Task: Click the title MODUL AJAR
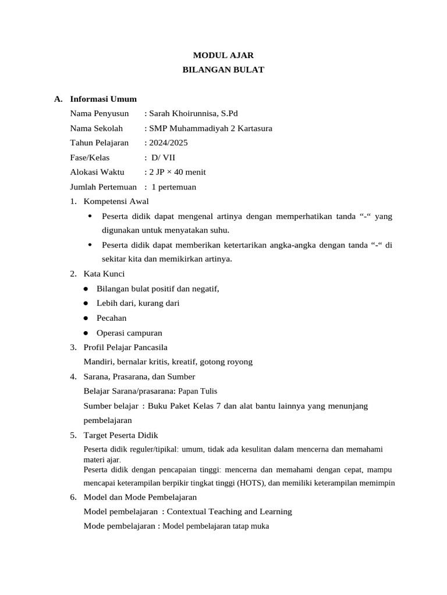coord(223,55)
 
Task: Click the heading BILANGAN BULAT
coord(223,70)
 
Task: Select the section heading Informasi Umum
coord(103,99)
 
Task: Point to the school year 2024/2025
coord(168,143)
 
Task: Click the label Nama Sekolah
coord(97,128)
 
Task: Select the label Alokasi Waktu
coord(97,172)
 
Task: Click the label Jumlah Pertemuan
coord(103,187)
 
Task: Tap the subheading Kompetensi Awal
coord(116,202)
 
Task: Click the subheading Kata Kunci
coord(104,274)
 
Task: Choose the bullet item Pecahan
coord(111,318)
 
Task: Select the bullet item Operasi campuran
coord(129,333)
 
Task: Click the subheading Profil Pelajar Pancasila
coord(126,347)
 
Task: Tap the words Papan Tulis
coord(197,391)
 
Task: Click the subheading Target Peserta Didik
coord(121,435)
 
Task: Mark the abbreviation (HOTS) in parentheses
coord(251,483)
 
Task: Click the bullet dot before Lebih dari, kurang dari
coord(86,303)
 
